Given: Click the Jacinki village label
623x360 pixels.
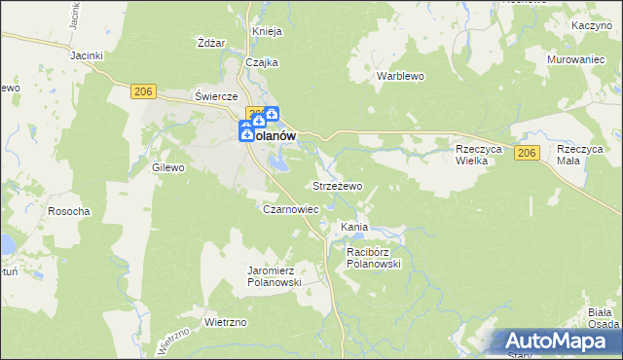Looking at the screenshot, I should click(x=87, y=55).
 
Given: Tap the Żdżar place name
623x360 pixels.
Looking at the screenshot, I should click(x=211, y=43).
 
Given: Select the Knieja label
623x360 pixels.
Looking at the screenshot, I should click(x=267, y=31).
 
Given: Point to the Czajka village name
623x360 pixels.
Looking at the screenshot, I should click(x=262, y=62).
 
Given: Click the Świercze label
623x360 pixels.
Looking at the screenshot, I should click(x=216, y=96).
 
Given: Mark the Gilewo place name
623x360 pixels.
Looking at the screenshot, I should click(x=168, y=167).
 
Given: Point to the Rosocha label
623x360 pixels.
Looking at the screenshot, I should click(x=70, y=211).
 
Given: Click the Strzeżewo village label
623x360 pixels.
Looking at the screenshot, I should click(x=337, y=185).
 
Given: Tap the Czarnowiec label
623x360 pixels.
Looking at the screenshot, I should click(x=291, y=209).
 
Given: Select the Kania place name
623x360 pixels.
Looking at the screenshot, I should click(x=353, y=227).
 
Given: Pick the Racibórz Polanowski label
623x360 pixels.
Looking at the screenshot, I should click(x=374, y=257).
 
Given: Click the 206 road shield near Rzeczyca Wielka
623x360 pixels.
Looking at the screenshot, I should click(x=528, y=154).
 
